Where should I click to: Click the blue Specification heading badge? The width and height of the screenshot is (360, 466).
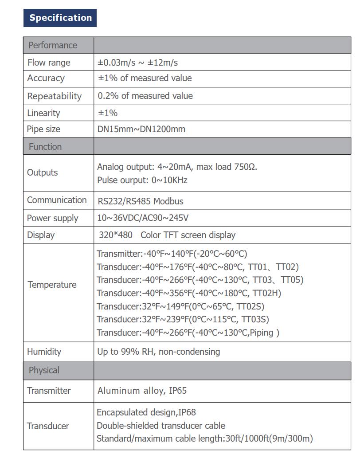[60, 18]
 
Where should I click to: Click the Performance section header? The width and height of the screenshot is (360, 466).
[53, 45]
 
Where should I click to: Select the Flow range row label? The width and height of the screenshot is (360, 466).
[49, 63]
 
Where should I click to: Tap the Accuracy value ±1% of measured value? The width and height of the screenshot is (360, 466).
[145, 78]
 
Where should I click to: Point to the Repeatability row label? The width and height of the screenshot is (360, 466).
[54, 96]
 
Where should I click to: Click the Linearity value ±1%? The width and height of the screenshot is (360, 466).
[108, 113]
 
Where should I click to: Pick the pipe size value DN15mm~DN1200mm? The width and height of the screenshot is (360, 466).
[141, 129]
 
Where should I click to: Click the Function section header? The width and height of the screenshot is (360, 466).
[45, 147]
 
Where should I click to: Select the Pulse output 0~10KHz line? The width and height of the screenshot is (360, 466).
[142, 180]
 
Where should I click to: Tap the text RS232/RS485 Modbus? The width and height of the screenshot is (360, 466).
[141, 201]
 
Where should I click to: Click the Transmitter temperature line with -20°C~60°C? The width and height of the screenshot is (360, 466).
[172, 254]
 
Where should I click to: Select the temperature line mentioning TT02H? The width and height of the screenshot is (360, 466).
[189, 293]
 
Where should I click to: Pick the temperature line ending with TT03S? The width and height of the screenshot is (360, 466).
[183, 319]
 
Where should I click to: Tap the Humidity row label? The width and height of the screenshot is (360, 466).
[44, 352]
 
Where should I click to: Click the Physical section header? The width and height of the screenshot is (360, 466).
[44, 370]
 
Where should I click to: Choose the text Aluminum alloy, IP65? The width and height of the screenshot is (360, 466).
[142, 391]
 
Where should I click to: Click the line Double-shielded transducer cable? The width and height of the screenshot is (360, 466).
[161, 426]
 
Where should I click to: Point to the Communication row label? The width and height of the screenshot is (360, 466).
[57, 200]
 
